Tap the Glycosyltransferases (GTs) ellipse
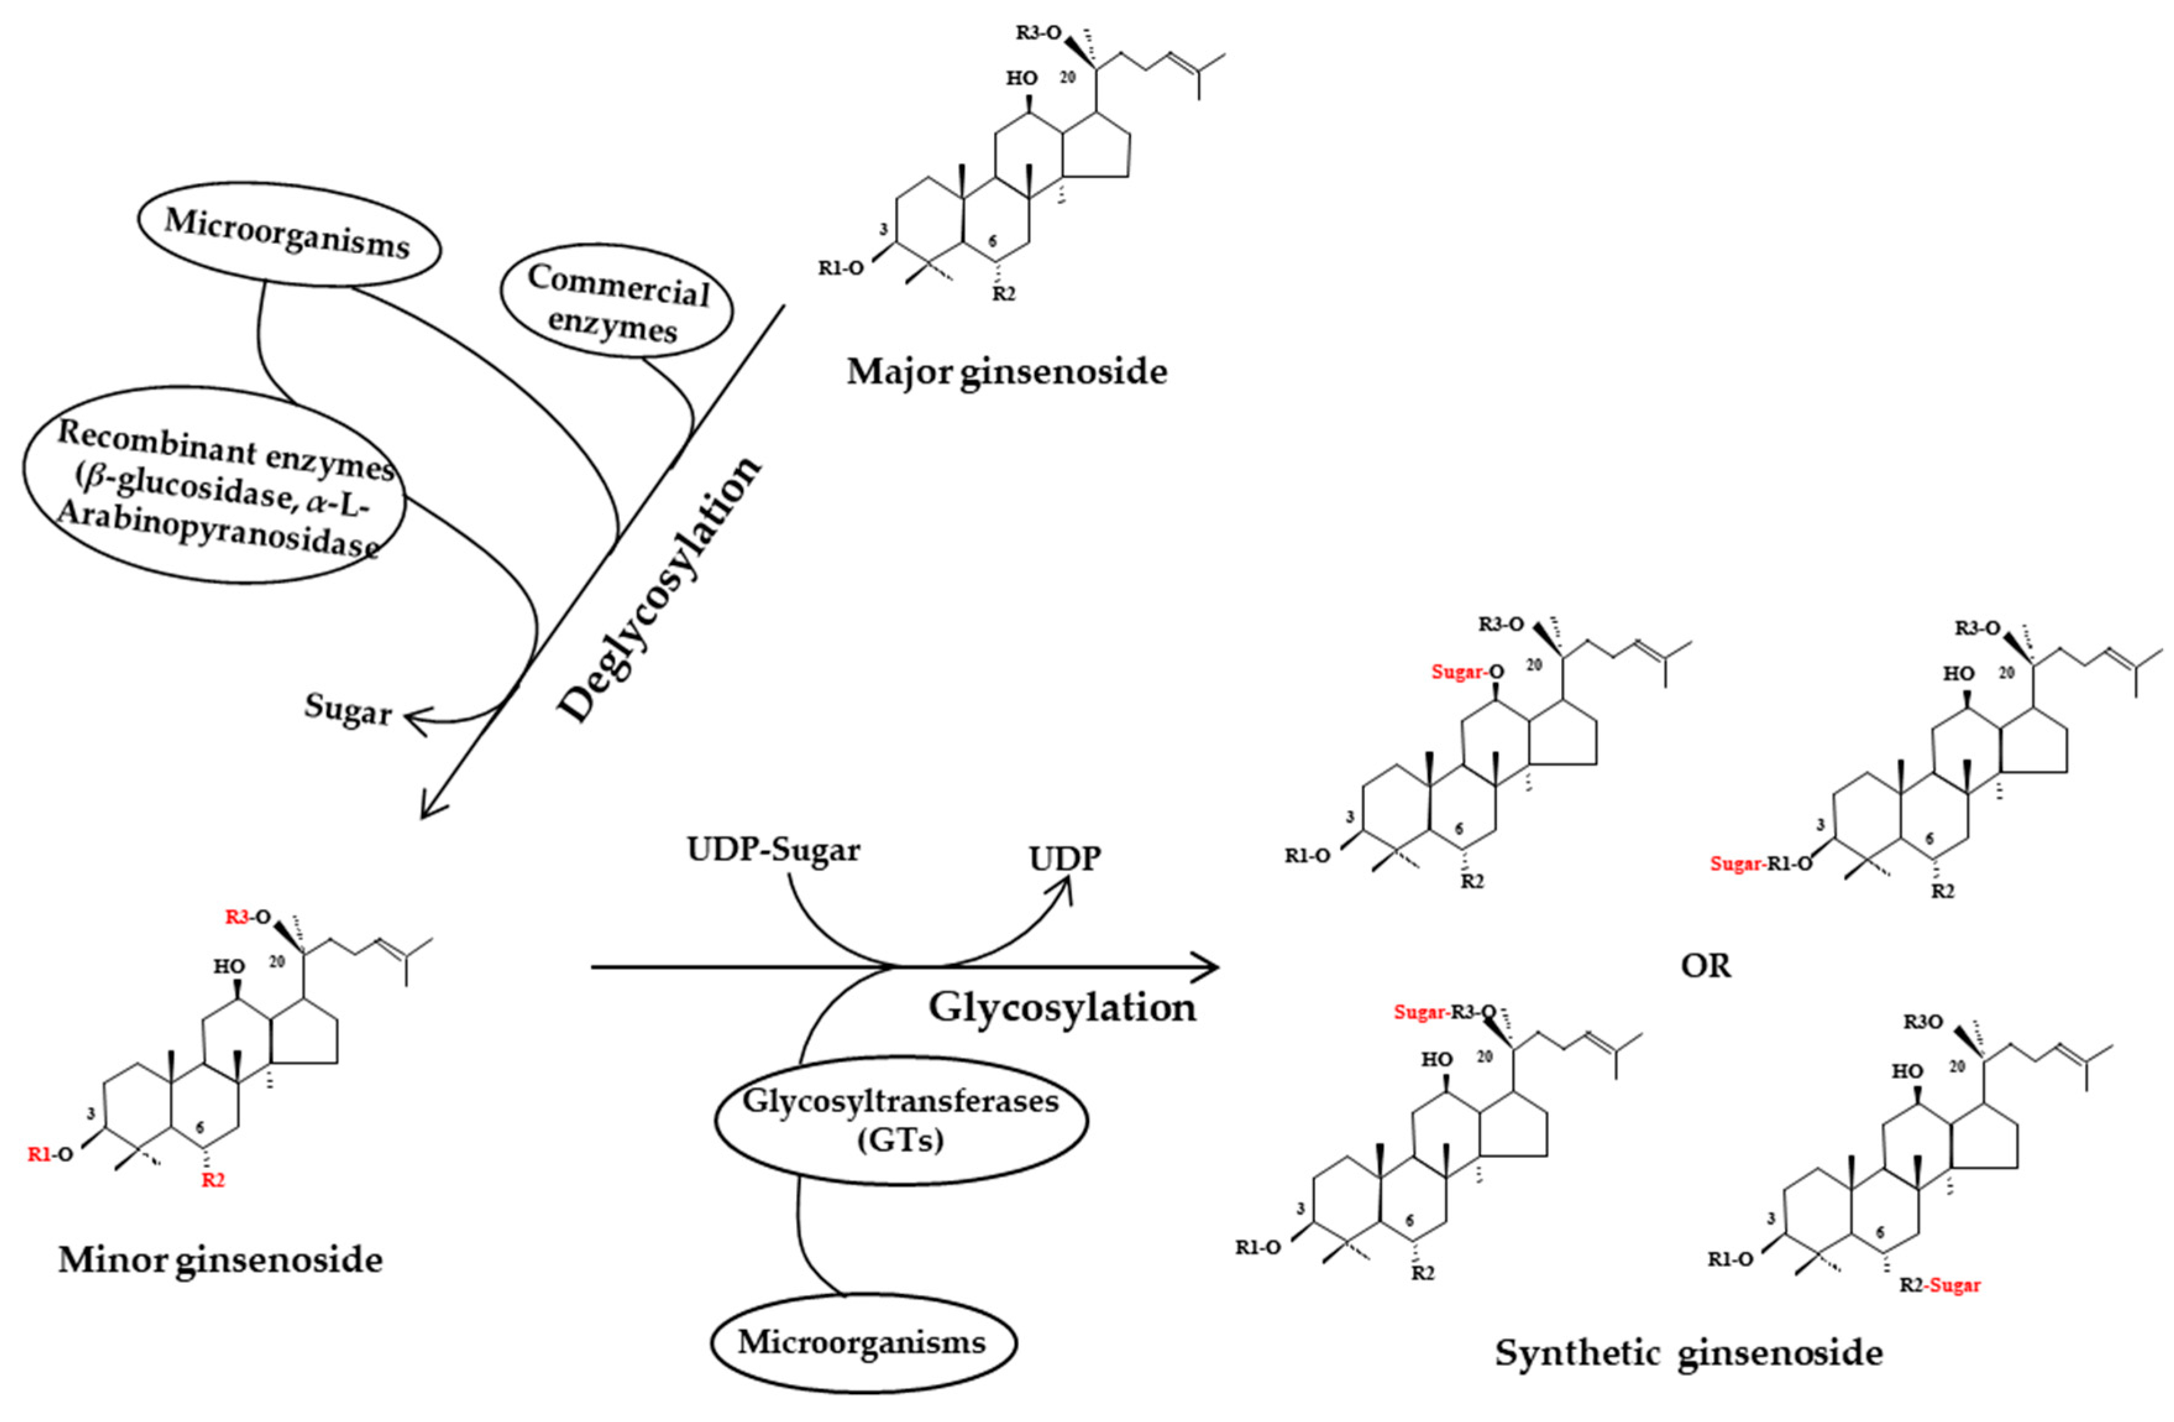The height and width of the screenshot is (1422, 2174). pyautogui.click(x=900, y=1120)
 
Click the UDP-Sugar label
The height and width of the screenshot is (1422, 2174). pyautogui.click(x=773, y=850)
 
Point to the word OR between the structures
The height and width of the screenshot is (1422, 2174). pyautogui.click(x=1705, y=966)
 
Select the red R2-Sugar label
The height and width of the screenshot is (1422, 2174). pyautogui.click(x=1940, y=1285)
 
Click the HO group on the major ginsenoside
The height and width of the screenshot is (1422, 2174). pyautogui.click(x=1021, y=79)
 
